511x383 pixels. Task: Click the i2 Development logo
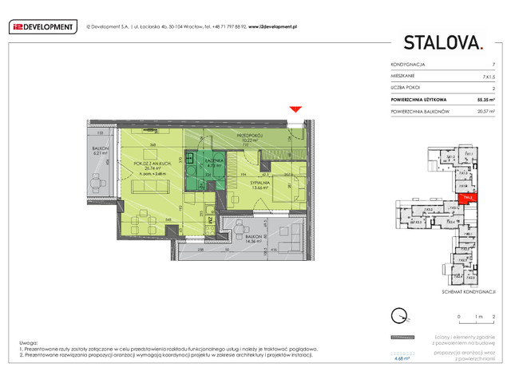pyautogui.click(x=42, y=26)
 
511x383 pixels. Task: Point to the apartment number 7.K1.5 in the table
pyautogui.click(x=488, y=75)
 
